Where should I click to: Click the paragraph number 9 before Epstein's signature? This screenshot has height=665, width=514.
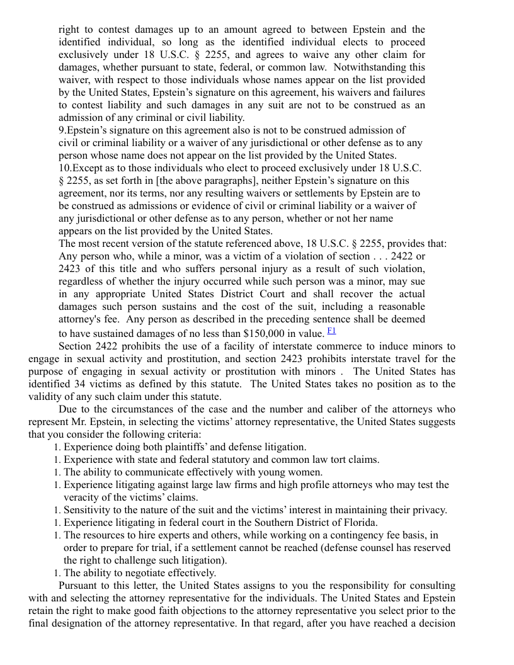62,130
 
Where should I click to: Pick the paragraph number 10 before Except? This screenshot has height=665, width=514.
65,168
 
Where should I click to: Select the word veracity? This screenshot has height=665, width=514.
83,497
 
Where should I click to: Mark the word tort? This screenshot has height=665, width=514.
336,460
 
